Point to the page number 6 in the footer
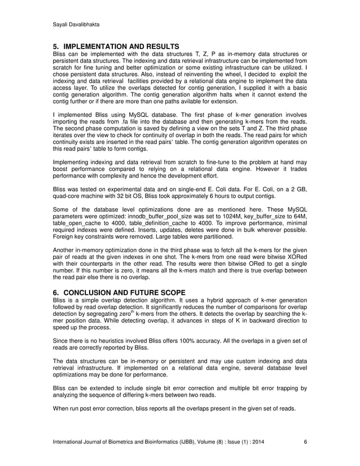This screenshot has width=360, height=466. pyautogui.click(x=305, y=442)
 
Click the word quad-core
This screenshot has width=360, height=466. pyautogui.click(x=69, y=197)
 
